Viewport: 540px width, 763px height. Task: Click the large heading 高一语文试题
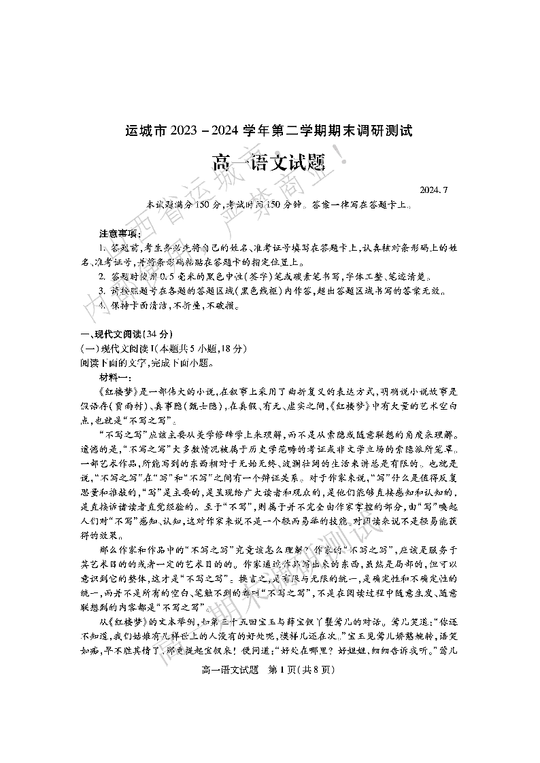[x=269, y=163]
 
